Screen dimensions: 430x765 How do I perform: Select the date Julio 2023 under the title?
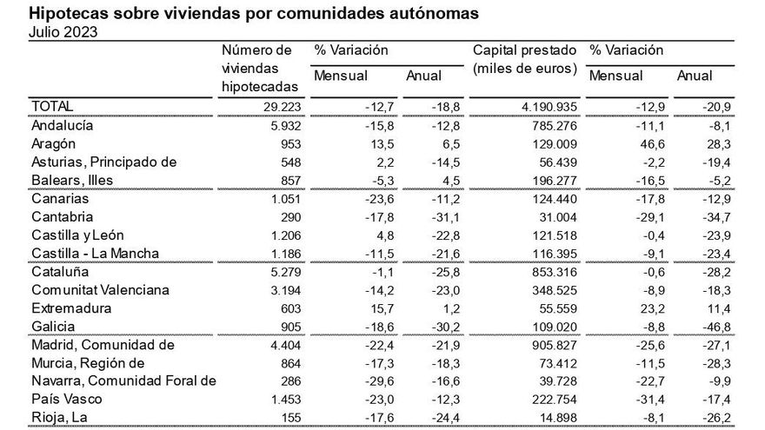(63, 32)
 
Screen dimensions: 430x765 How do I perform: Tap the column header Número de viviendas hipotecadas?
(260, 68)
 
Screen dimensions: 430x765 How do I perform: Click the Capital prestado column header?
(525, 59)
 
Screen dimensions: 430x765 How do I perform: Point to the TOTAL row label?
(52, 105)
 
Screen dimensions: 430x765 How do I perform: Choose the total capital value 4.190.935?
(542, 106)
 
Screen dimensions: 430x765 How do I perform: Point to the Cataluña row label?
(59, 271)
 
